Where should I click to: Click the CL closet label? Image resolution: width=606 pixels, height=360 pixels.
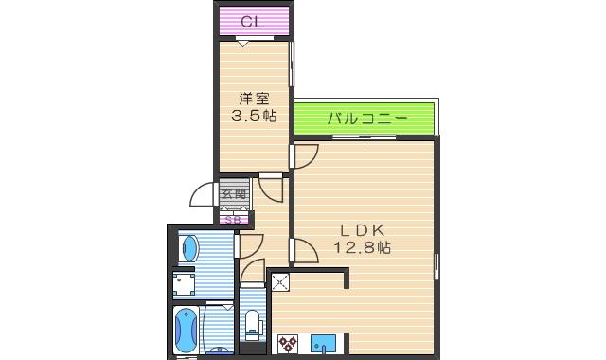point(252,21)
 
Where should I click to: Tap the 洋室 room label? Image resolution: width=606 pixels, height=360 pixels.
point(252,98)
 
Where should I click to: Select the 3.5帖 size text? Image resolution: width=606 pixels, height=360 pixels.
point(254,116)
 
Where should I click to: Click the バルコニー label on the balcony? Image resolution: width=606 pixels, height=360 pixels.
point(367,119)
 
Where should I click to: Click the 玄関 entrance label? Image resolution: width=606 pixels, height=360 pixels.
point(234,194)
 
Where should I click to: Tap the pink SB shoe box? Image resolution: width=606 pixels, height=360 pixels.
point(234,219)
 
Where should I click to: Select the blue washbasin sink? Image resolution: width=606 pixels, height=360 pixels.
point(190,249)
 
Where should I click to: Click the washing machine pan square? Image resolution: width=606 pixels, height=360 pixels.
point(184,284)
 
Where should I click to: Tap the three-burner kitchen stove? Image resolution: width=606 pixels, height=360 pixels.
point(288,344)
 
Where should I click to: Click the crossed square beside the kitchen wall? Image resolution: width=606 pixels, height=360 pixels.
point(279,280)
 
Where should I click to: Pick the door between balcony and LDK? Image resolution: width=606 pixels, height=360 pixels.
point(306,155)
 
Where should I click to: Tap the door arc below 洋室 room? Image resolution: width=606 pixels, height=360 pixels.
point(272,188)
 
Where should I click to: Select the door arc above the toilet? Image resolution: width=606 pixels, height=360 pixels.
point(254,275)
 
